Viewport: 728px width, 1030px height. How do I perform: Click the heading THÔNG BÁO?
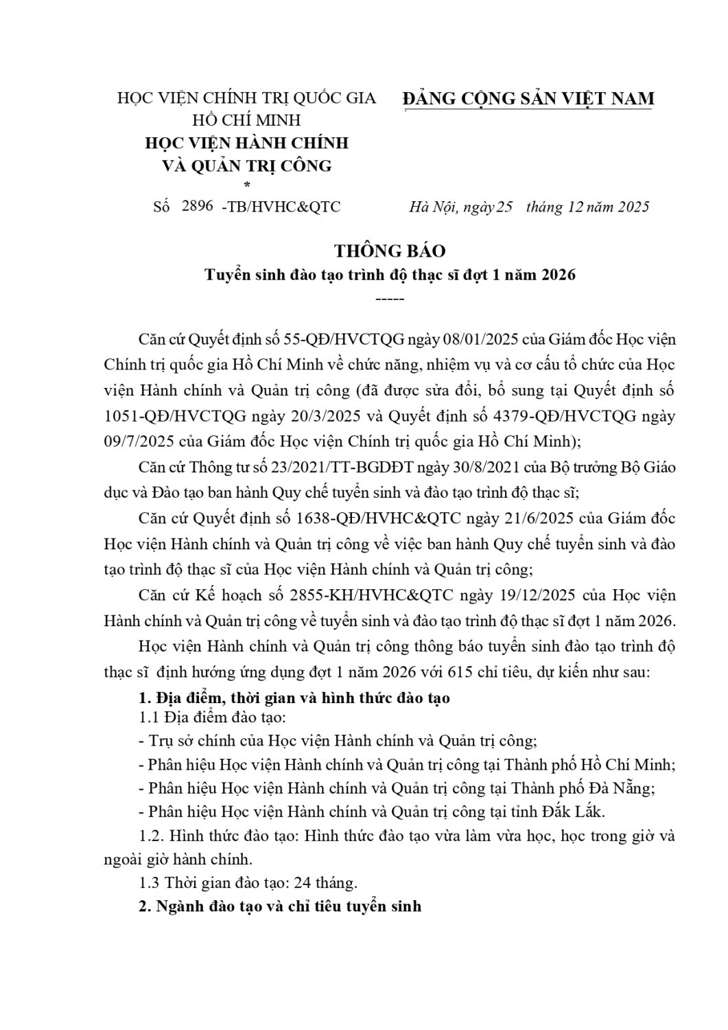pyautogui.click(x=390, y=251)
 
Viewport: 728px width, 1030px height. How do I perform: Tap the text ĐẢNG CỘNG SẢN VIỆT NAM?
pyautogui.click(x=528, y=99)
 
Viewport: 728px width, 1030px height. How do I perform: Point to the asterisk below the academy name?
pyautogui.click(x=247, y=184)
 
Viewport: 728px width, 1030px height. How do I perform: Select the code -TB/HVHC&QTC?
pyautogui.click(x=281, y=207)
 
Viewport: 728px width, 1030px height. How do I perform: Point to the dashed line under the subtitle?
pyautogui.click(x=390, y=299)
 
